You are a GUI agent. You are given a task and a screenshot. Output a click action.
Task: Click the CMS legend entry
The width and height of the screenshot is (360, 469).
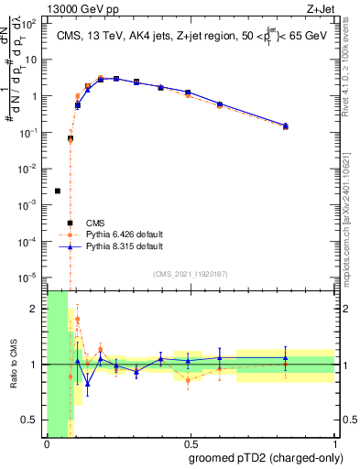tap(94, 223)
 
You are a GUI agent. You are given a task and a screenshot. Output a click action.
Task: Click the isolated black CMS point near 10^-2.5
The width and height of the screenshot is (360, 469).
tap(58, 191)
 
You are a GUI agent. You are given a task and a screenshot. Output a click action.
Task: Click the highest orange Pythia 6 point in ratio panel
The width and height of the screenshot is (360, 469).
tap(77, 319)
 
